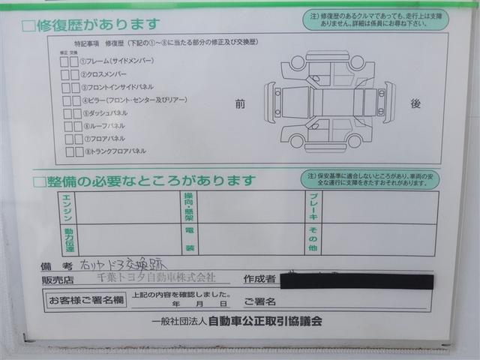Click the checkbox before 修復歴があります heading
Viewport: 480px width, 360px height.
[28, 26]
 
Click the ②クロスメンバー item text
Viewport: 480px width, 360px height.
[105, 74]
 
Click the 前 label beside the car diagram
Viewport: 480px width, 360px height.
[240, 105]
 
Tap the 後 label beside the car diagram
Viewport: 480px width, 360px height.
[415, 104]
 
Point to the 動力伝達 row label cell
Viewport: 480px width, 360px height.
[69, 239]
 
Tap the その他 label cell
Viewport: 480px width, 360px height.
[313, 239]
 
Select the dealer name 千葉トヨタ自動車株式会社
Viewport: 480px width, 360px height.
[157, 278]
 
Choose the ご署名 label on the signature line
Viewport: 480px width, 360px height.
[259, 302]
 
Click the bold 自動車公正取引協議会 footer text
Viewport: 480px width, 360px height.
[265, 321]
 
